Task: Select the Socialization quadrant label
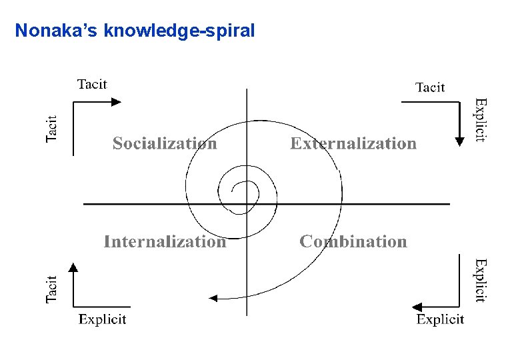[x=165, y=143]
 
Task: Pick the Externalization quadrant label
[x=353, y=143]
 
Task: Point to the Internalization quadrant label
[x=165, y=241]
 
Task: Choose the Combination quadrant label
[x=353, y=241]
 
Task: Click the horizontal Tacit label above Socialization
[x=92, y=84]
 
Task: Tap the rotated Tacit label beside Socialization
[x=52, y=127]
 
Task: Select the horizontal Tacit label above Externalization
[x=430, y=87]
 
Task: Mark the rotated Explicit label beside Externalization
[x=480, y=120]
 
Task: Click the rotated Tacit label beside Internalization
[x=52, y=289]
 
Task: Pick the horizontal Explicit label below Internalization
[x=102, y=319]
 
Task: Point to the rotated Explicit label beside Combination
[x=480, y=281]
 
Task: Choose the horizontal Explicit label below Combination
[x=440, y=320]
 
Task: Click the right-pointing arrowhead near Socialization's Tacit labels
[x=117, y=102]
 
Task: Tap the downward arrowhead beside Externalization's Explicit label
[x=459, y=141]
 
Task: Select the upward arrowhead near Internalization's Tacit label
[x=73, y=267]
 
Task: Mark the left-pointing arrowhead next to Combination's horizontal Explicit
[x=417, y=307]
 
